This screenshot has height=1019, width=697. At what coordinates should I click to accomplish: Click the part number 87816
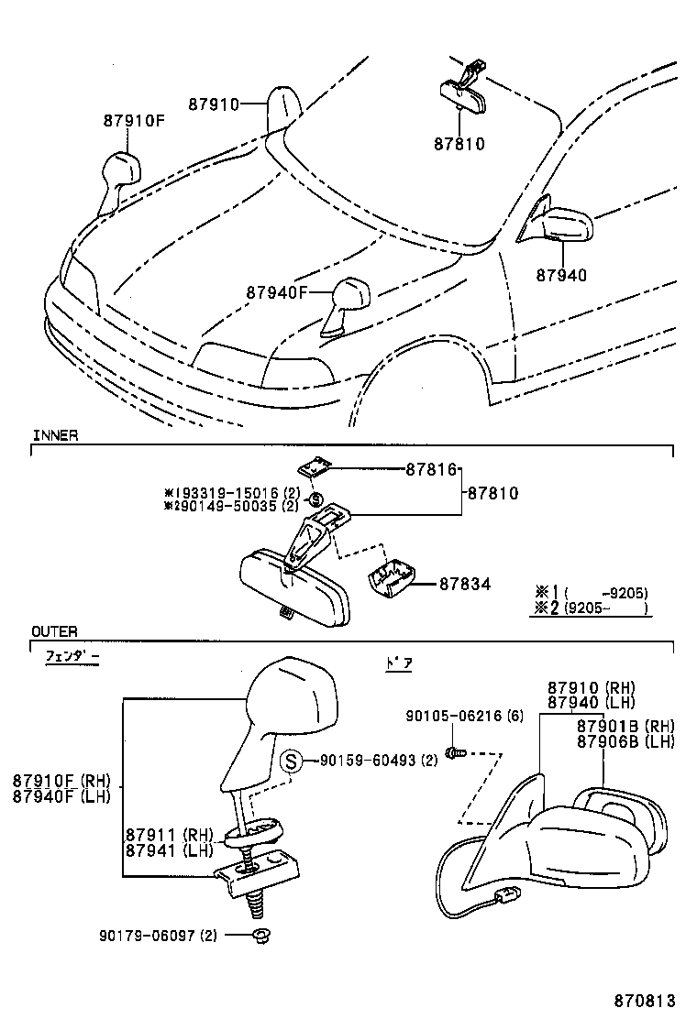[431, 469]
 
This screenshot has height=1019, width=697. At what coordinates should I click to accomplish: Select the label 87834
[464, 584]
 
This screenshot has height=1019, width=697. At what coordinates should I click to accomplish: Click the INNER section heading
[55, 435]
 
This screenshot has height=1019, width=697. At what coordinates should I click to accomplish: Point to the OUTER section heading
[54, 631]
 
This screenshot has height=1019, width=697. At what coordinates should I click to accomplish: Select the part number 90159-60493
[365, 761]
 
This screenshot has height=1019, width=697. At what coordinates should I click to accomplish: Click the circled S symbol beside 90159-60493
[291, 761]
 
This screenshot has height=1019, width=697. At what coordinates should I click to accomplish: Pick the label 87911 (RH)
[169, 835]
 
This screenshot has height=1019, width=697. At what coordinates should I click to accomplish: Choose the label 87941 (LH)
[169, 849]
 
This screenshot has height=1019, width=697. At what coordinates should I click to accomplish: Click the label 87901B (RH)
[625, 725]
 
